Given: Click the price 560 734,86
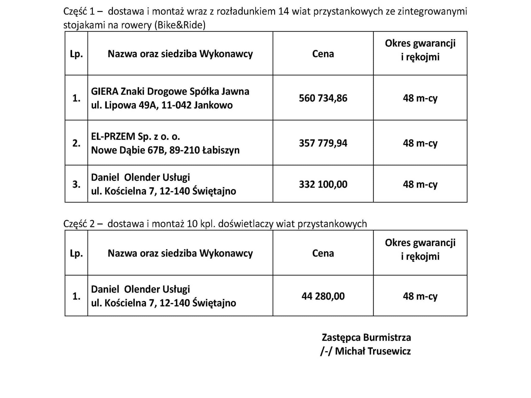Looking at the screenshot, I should [x=323, y=98].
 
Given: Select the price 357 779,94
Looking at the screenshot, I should [x=323, y=143].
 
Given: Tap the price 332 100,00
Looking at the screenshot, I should [x=323, y=184].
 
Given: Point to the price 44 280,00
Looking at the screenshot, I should [x=323, y=296].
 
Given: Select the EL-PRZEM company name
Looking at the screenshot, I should [x=113, y=136].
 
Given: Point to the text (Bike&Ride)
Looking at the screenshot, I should [x=180, y=25].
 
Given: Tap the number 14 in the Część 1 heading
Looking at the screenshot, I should [x=283, y=11].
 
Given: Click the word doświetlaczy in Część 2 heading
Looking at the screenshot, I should [x=246, y=224].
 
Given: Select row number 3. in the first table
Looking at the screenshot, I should [x=76, y=184].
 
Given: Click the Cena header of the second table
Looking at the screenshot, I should [x=323, y=253].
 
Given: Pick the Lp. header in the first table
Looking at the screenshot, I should [x=76, y=54].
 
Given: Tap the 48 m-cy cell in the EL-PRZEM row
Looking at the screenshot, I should [x=420, y=143].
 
